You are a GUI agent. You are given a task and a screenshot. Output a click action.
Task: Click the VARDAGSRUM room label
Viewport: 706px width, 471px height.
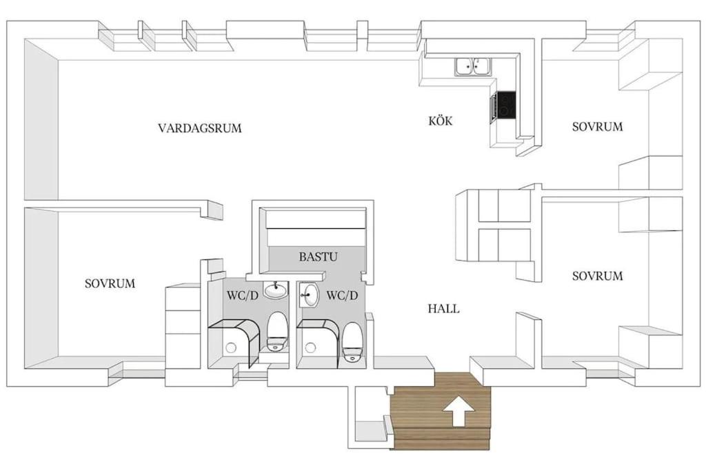point(199,128)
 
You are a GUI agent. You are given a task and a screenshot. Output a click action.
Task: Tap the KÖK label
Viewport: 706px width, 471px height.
point(441,120)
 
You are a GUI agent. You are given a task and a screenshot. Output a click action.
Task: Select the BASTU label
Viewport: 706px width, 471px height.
point(318,257)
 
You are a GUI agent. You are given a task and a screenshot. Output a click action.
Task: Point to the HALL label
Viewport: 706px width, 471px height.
point(443,308)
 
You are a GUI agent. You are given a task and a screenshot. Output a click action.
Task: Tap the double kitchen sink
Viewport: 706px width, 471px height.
point(473,67)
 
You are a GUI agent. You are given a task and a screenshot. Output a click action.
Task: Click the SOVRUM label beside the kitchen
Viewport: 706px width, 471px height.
point(598,126)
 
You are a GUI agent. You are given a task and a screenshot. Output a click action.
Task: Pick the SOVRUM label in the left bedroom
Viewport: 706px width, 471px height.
point(110,283)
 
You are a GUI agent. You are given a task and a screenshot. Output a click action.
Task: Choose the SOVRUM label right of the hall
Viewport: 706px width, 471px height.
point(598,276)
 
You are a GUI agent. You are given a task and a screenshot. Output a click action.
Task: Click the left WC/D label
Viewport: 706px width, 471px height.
point(242,296)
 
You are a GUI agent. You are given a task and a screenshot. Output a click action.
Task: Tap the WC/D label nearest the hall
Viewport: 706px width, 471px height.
point(342,295)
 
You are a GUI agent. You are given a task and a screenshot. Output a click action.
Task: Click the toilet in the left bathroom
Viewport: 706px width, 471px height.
point(276,332)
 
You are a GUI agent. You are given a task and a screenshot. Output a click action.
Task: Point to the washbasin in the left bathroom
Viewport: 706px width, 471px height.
point(276,290)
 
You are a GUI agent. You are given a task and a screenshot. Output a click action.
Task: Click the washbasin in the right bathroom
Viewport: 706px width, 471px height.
point(309,295)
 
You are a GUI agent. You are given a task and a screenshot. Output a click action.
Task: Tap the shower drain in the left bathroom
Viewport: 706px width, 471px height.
point(230,347)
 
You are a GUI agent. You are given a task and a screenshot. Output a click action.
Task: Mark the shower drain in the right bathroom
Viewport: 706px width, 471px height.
point(310,347)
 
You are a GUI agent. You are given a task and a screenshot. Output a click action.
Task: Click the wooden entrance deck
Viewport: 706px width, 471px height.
point(441,411)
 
